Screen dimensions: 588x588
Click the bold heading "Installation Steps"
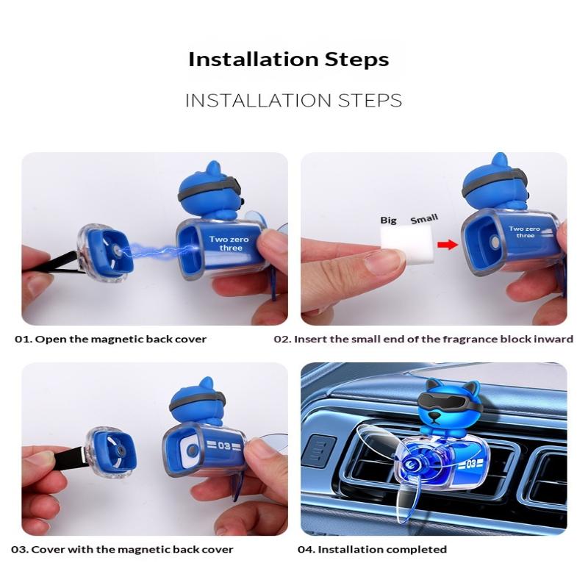(x=288, y=60)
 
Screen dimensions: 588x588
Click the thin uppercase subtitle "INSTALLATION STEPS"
(x=293, y=101)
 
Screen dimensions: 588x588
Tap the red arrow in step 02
(x=448, y=245)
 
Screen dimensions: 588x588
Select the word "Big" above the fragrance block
(x=388, y=220)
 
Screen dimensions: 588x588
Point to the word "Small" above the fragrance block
(x=424, y=218)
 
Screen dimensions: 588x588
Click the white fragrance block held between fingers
(x=407, y=245)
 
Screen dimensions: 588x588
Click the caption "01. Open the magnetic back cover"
(x=111, y=339)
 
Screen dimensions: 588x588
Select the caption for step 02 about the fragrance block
(x=423, y=339)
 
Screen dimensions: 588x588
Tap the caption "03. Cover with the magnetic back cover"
(x=122, y=549)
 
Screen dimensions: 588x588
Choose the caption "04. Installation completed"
(x=372, y=549)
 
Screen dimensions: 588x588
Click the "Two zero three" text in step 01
(x=229, y=243)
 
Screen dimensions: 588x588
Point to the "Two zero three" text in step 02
(x=524, y=232)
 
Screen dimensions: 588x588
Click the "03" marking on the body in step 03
(x=223, y=445)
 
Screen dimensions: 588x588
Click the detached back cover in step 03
(x=111, y=453)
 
